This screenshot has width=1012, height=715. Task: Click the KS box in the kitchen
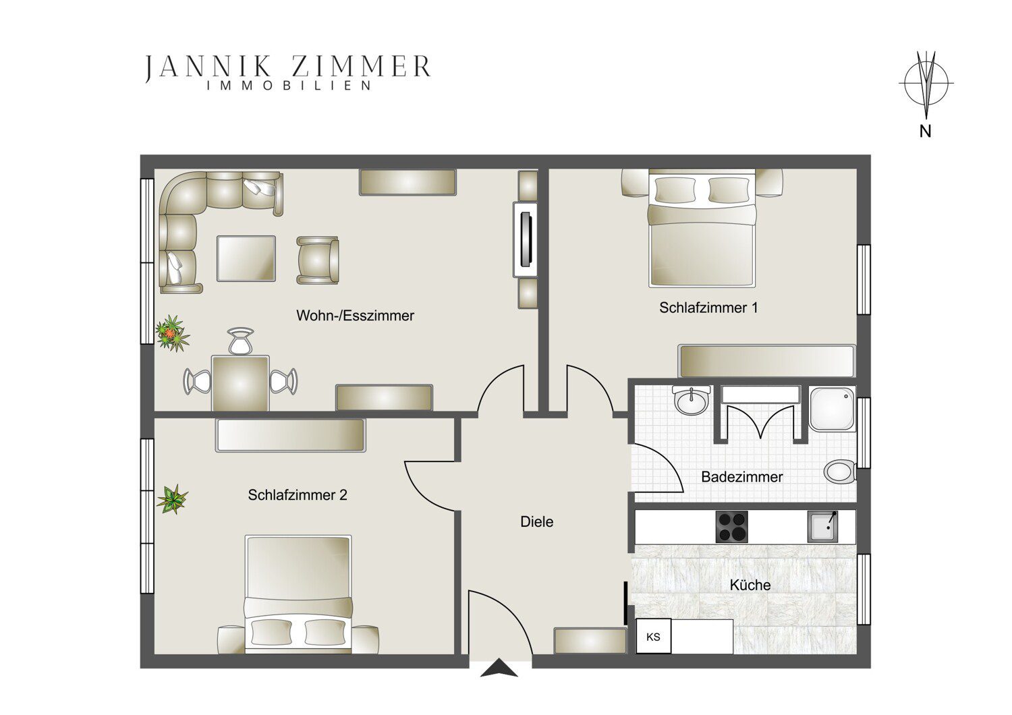pos(653,636)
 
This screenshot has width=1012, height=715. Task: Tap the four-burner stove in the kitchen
pos(731,527)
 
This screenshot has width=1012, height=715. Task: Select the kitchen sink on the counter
pos(822,526)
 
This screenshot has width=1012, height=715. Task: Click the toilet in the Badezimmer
pos(839,472)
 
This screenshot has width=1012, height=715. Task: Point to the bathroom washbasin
pos(691,399)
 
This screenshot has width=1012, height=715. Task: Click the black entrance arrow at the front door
pos(499,668)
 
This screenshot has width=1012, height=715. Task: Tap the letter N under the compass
pos(926,132)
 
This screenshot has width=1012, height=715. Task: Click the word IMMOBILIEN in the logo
pos(289,86)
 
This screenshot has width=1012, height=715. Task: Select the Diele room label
pos(537,521)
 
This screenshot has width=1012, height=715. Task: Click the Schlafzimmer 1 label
pos(708,308)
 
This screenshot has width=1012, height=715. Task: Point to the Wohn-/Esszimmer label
pos(355,315)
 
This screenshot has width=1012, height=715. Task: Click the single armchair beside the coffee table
pos(318,260)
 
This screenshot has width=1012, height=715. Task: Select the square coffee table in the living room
pos(246,258)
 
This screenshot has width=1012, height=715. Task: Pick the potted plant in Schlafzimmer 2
pos(172,498)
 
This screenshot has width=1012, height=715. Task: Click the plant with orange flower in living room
pos(173,333)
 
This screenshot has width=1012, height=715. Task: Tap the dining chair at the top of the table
pos(241,341)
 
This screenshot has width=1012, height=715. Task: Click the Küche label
pos(750,585)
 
